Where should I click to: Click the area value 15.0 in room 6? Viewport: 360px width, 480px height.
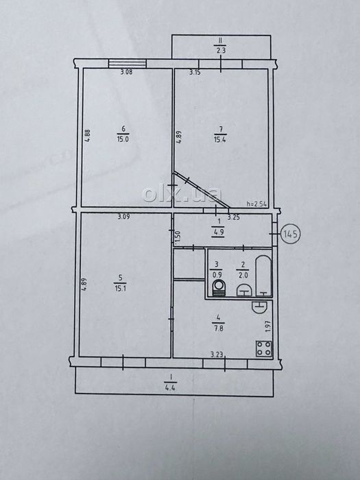pos(123,139)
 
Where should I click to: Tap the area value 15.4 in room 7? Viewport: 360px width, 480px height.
pos(220,140)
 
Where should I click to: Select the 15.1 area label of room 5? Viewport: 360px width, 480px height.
pos(120,288)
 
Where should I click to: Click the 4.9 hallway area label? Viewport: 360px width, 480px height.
pos(219,232)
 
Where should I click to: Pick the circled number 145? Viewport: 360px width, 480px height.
pos(291,235)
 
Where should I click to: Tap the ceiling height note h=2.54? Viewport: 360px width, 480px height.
pos(256,204)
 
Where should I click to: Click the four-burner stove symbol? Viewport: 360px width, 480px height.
pos(264,348)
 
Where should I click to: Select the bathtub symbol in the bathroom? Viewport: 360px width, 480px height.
pos(263,276)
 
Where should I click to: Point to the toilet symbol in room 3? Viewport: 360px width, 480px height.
pos(219,288)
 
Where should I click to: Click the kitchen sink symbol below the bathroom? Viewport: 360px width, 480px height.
pos(259,307)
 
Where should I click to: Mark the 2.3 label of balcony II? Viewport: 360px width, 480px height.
pos(221,50)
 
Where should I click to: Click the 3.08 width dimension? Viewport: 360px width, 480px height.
pos(126,73)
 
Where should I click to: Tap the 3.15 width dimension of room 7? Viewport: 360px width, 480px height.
pos(195,73)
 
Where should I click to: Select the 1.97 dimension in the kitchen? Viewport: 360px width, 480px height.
pos(268,326)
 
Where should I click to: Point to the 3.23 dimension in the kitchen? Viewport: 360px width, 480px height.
pos(217,355)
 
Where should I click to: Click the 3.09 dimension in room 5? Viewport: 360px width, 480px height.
pos(124,217)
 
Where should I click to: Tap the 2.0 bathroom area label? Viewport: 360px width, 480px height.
pos(242,275)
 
